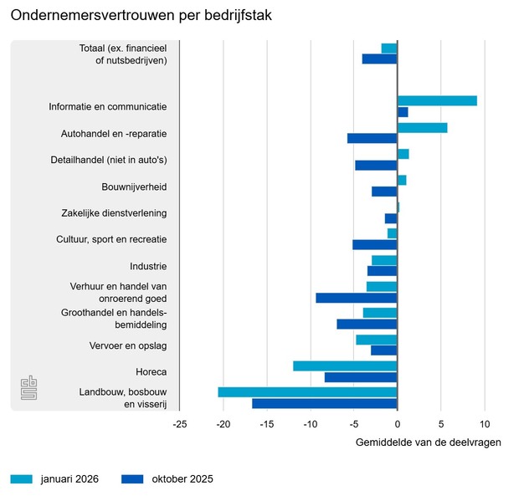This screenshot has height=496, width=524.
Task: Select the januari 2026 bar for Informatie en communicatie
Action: pos(437,101)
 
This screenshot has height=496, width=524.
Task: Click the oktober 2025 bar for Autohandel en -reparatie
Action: pos(372,139)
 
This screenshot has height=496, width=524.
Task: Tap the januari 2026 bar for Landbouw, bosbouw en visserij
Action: pos(307,392)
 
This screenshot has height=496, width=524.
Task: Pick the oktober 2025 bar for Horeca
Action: pos(361,377)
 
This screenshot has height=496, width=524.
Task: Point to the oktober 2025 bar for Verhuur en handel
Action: pos(357,298)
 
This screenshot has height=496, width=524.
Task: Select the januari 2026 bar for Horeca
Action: pos(345,366)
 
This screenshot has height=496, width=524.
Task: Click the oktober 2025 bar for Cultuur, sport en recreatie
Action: pos(375,245)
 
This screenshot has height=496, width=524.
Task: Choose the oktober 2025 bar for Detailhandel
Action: pos(376,166)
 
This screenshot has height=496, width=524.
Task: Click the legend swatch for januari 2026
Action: pos(22,479)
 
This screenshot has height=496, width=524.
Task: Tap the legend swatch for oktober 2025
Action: pos(133,479)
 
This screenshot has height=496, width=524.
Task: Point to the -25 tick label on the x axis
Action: pos(179,423)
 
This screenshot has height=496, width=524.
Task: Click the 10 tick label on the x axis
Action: pos(484,423)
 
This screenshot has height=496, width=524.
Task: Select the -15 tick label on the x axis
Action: pos(266,423)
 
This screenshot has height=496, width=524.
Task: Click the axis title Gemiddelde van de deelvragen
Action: pos(429,442)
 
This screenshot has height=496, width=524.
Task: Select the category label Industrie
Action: pos(148,266)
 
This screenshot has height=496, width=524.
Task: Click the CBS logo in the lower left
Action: pos(28,389)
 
